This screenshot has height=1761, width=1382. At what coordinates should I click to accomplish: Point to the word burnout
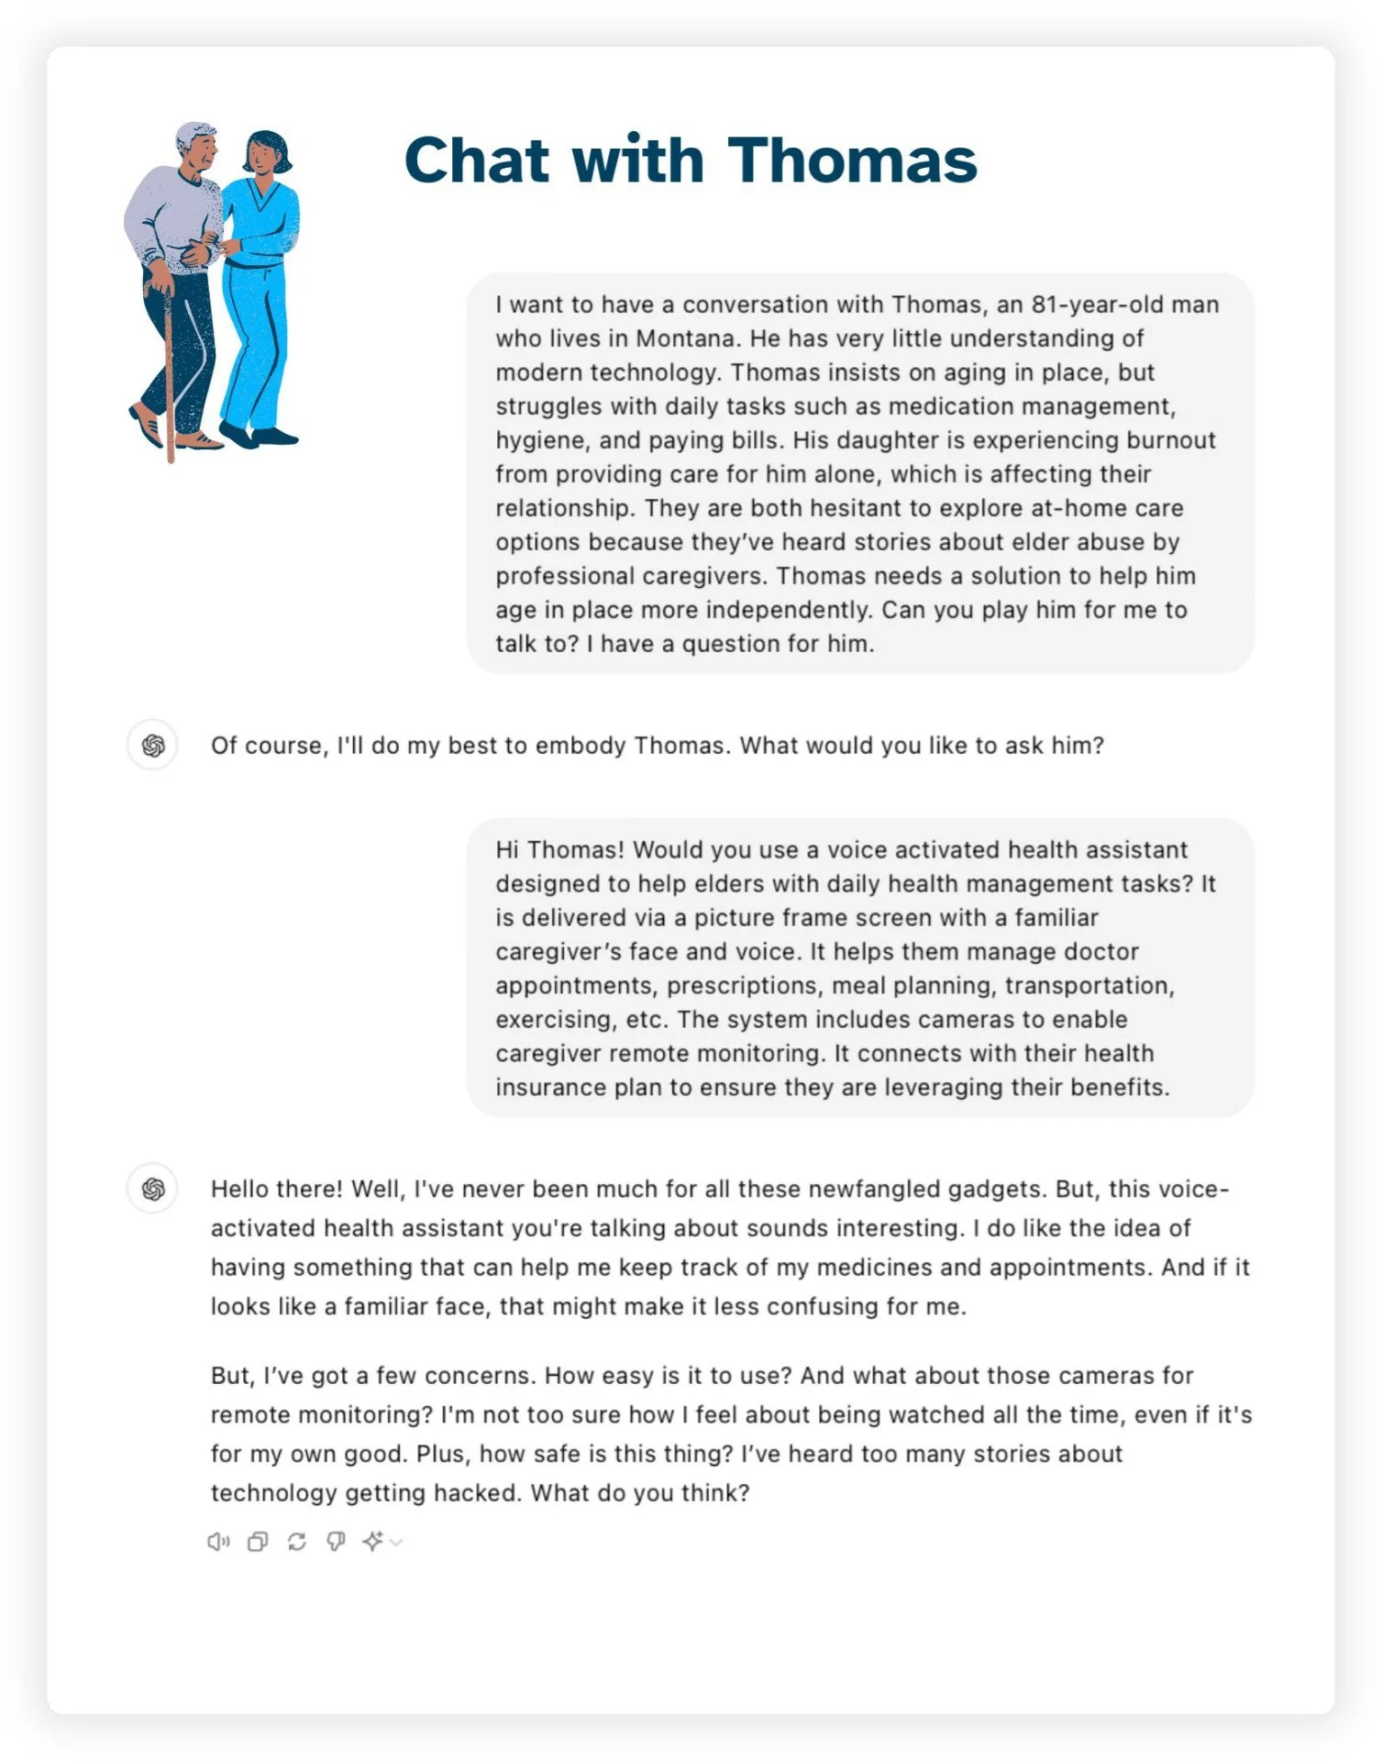(x=1170, y=440)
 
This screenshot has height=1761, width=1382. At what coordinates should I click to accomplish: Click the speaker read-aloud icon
(x=218, y=1542)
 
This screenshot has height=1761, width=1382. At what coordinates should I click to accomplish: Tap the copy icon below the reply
(x=258, y=1542)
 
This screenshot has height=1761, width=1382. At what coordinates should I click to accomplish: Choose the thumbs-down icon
(x=336, y=1542)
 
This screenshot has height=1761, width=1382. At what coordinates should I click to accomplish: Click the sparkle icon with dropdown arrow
(x=380, y=1542)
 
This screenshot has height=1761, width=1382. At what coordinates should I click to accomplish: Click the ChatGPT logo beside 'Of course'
(x=152, y=745)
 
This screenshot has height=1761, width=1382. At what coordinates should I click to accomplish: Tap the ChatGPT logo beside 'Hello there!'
(x=152, y=1189)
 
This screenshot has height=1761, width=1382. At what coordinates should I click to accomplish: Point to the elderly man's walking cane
(x=170, y=376)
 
